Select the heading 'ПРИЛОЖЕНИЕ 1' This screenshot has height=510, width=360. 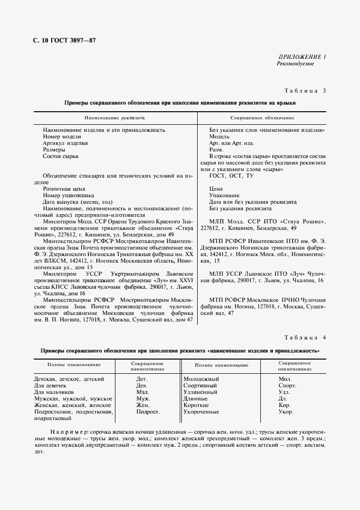302,57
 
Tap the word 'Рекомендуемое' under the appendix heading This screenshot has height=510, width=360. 296,64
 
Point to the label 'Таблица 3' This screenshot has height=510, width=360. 305,90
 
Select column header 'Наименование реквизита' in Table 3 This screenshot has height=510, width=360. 114,118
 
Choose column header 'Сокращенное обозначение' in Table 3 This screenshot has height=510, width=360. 263,118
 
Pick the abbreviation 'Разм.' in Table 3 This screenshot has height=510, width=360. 216,149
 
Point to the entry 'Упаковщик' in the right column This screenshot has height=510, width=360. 225,195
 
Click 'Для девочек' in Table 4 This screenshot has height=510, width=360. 50,385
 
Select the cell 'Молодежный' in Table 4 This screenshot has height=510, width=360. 201,378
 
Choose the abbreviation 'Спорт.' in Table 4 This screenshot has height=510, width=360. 287,385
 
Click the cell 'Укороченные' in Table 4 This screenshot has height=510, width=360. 202,411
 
